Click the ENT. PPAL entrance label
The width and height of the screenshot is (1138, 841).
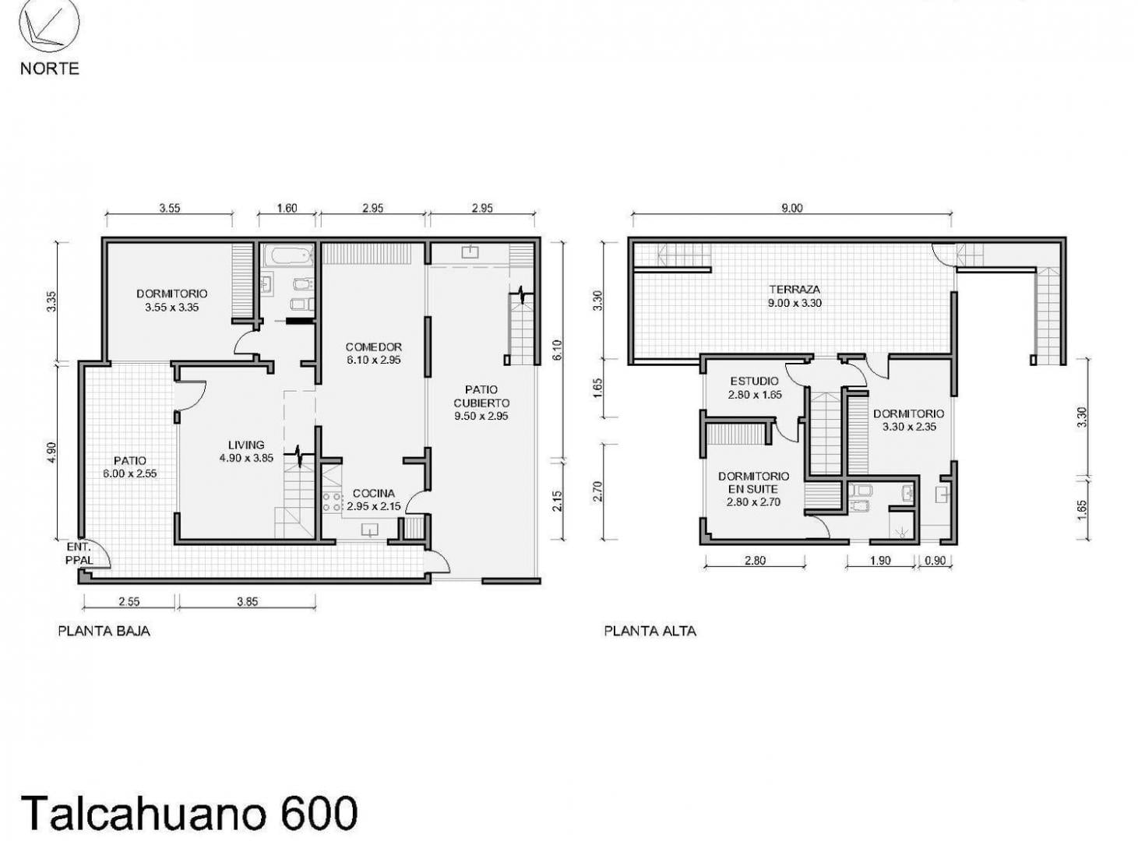(79, 553)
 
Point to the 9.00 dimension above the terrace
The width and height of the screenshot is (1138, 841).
(791, 208)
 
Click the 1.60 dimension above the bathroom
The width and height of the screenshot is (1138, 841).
(287, 208)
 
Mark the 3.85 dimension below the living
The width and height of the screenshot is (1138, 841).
(247, 601)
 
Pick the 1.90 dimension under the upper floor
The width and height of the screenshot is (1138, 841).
(880, 561)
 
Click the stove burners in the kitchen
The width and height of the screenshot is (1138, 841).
(332, 501)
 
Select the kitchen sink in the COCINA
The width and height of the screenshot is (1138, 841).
(369, 529)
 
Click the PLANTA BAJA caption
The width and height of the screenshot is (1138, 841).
(104, 631)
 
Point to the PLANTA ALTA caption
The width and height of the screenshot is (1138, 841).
(650, 631)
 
